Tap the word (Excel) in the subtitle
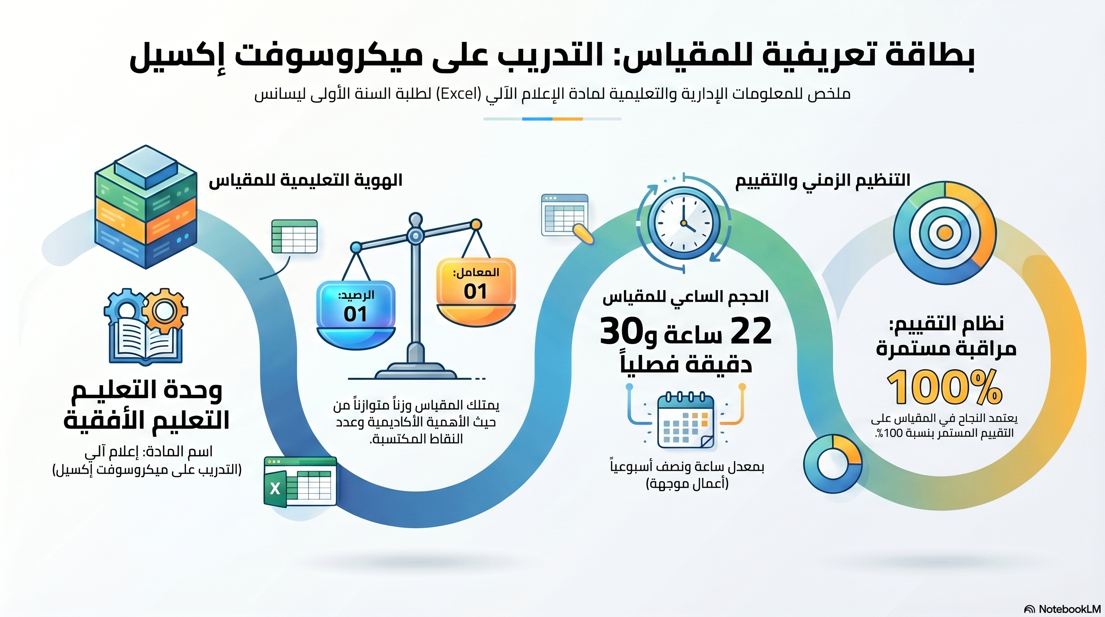click(x=457, y=94)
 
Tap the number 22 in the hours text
click(x=751, y=331)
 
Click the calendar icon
click(x=685, y=420)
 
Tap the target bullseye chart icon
click(x=944, y=233)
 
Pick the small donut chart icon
click(x=833, y=464)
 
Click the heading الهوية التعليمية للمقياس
click(x=306, y=181)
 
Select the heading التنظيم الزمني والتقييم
click(x=823, y=181)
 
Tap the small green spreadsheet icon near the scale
click(x=294, y=237)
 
